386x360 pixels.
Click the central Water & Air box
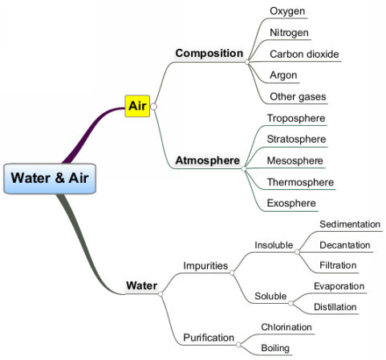click(50, 178)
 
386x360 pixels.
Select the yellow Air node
click(137, 106)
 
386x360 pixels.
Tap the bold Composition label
click(209, 53)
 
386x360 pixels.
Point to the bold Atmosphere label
click(207, 160)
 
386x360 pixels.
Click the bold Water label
click(141, 285)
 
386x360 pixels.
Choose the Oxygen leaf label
click(287, 11)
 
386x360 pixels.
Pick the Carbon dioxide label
click(304, 54)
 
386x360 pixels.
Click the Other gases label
click(298, 97)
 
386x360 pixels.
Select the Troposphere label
click(296, 118)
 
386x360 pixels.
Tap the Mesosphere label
click(295, 160)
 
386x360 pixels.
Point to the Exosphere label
click(291, 203)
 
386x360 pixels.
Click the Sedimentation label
click(350, 224)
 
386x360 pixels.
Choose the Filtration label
click(338, 265)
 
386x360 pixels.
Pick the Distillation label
click(335, 307)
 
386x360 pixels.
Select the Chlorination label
click(286, 327)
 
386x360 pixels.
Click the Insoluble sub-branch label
click(274, 245)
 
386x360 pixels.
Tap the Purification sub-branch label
click(209, 338)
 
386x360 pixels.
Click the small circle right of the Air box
click(153, 107)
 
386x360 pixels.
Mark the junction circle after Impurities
click(232, 273)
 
